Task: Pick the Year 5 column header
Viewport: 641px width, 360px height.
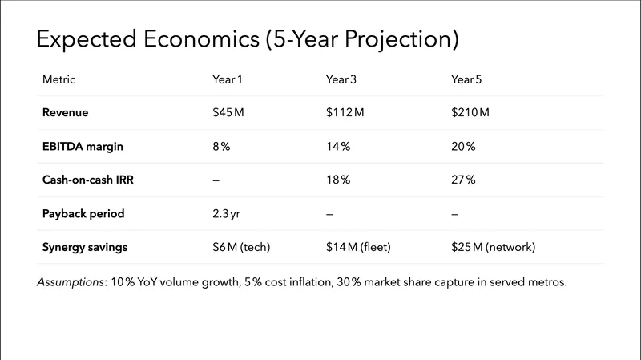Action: tap(467, 79)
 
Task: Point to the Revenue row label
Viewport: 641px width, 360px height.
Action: tap(65, 113)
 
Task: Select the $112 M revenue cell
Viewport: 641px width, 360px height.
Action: tap(345, 113)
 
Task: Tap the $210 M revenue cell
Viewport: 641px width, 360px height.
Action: tap(470, 113)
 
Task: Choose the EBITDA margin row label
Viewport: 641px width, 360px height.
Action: tap(83, 147)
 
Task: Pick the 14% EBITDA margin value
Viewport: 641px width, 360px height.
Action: tap(338, 147)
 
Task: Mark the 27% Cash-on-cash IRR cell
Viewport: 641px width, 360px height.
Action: tap(464, 180)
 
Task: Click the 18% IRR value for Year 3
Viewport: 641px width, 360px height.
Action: tap(338, 180)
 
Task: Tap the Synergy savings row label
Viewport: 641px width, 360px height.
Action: tap(85, 247)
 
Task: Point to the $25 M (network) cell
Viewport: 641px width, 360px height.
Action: tap(493, 247)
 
